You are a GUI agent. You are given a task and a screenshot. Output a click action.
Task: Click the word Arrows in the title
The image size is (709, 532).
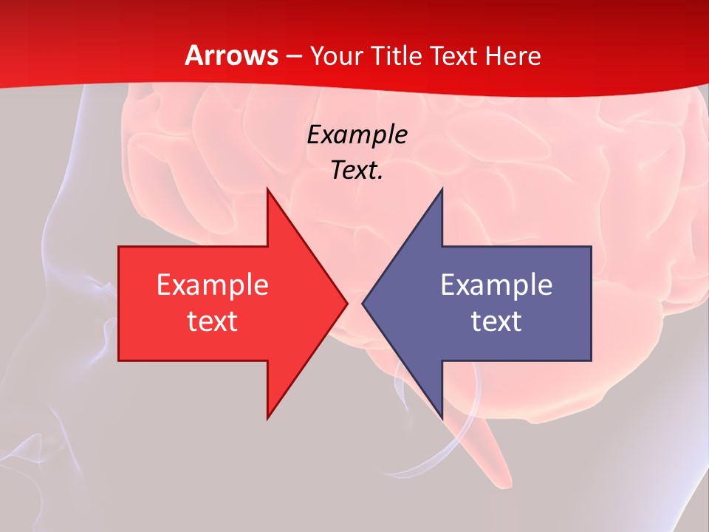(x=231, y=55)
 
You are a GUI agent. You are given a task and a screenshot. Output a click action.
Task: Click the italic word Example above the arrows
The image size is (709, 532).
(x=357, y=135)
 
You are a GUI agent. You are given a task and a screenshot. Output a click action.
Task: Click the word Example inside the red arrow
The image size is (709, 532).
(x=212, y=284)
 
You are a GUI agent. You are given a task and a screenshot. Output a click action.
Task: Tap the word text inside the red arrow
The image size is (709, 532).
(x=212, y=321)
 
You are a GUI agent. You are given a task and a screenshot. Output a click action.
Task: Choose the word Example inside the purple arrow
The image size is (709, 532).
(x=496, y=284)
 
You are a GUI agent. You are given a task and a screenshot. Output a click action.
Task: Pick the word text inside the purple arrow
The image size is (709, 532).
(x=496, y=321)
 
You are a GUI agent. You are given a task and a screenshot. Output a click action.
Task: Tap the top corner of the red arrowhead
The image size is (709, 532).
(x=268, y=189)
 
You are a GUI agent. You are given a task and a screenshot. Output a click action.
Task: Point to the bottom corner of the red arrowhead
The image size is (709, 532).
(x=268, y=417)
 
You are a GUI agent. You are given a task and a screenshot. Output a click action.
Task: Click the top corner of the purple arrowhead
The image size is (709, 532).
(x=441, y=189)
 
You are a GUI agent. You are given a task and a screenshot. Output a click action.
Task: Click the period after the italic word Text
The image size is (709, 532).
(x=380, y=178)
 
